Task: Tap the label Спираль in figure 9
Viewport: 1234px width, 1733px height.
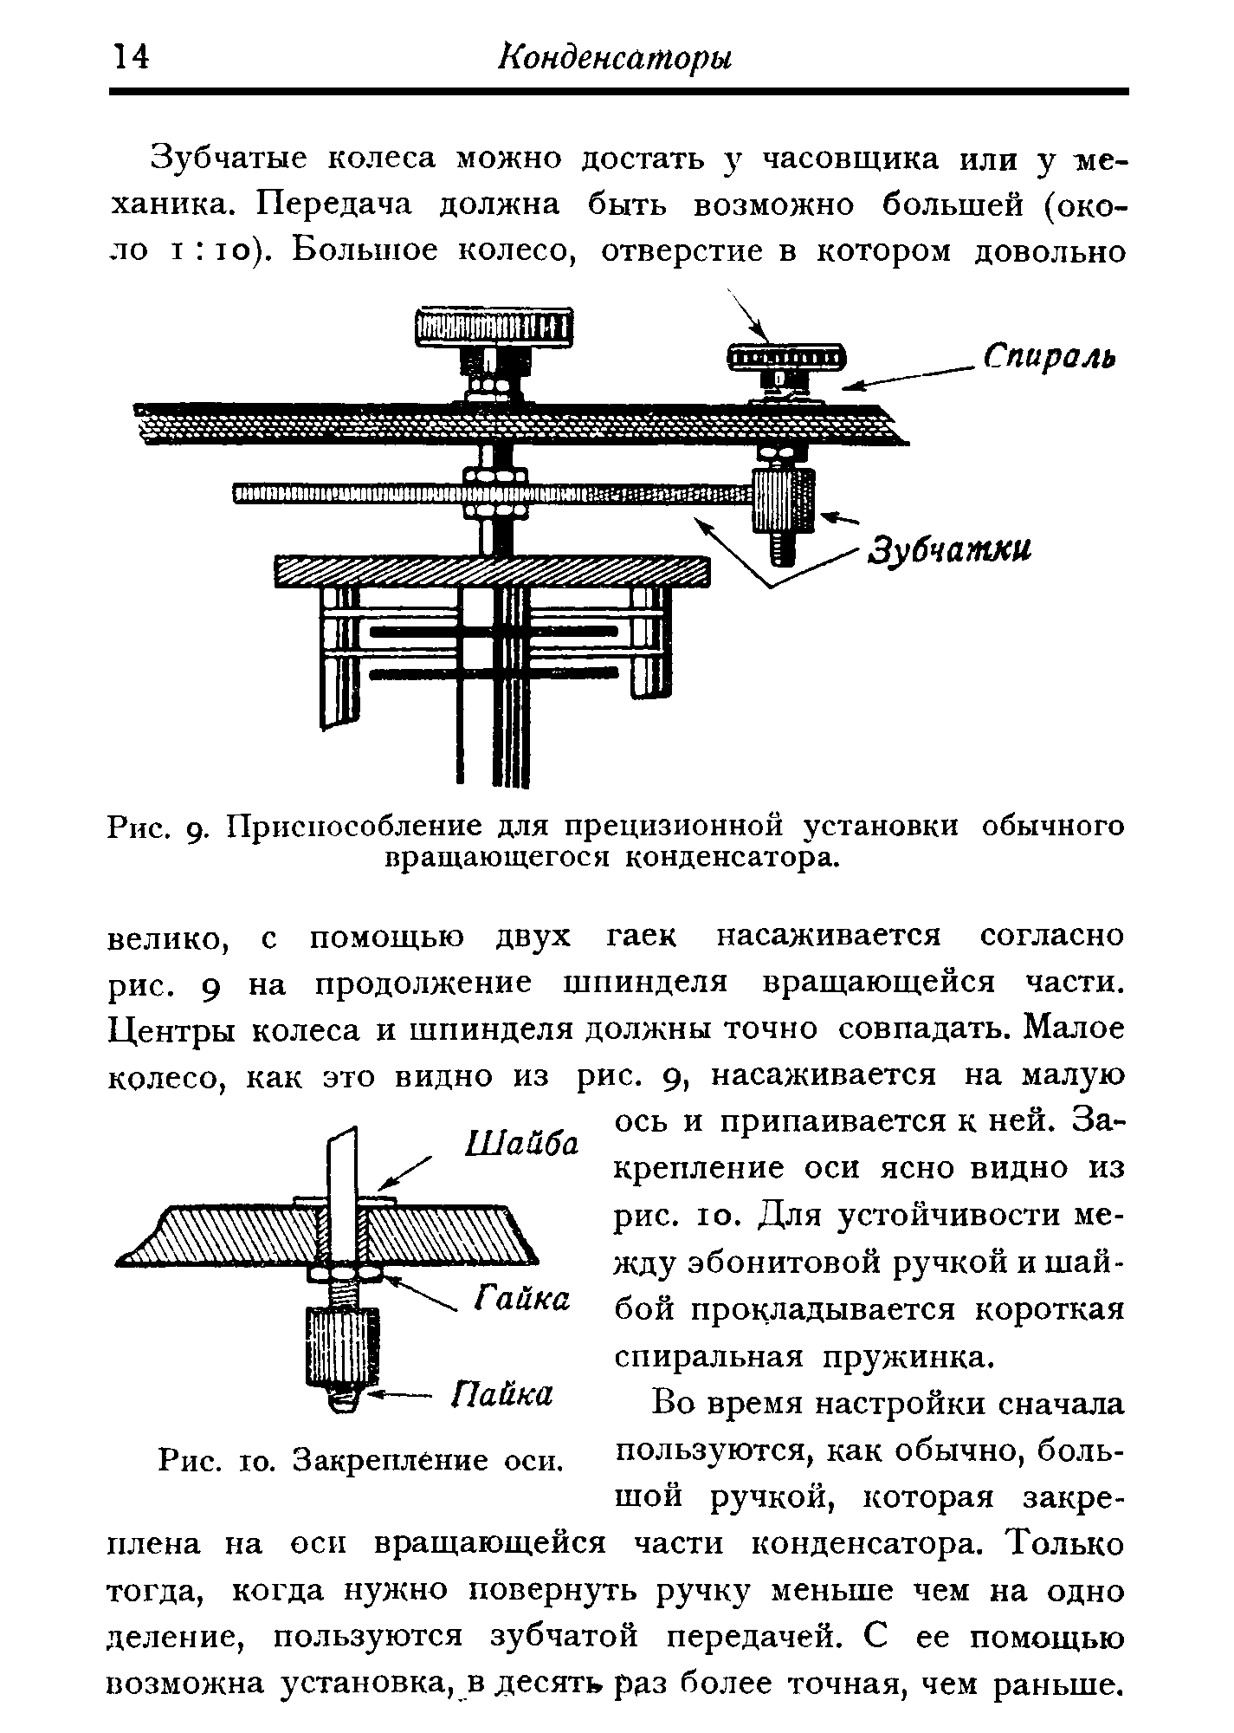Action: [x=1050, y=357]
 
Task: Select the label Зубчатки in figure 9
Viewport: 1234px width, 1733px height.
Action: [x=951, y=550]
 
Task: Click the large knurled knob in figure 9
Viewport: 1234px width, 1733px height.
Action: [x=494, y=328]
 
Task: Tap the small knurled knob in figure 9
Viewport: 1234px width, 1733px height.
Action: [x=784, y=356]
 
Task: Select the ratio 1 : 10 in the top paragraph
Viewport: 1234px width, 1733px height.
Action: [x=210, y=251]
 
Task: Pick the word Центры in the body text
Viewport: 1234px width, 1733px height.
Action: [x=173, y=1031]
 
